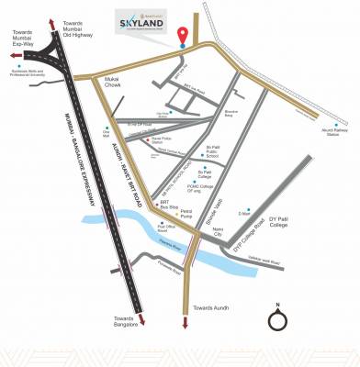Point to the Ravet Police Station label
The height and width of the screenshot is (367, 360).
[x=166, y=142]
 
